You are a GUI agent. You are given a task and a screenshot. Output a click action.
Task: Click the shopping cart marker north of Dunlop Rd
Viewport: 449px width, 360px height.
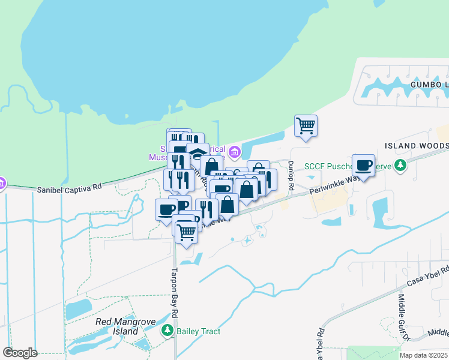point(306,126)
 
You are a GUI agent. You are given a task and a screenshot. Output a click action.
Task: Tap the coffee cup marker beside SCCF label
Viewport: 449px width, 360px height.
point(363,165)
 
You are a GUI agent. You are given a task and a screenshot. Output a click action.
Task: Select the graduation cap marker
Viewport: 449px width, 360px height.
point(197,154)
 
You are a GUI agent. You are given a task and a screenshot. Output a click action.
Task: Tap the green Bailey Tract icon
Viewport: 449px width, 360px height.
point(167,331)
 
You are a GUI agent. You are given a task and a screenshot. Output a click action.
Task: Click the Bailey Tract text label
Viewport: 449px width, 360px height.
point(198,331)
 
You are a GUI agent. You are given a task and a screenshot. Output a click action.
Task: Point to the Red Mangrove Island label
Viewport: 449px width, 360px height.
point(125,326)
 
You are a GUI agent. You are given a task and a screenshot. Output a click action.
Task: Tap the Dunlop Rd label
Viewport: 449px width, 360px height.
point(290,176)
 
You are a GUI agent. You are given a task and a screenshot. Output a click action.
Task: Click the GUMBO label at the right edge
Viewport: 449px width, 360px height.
point(429,85)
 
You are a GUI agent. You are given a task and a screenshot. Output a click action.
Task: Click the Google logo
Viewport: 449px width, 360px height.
point(20,352)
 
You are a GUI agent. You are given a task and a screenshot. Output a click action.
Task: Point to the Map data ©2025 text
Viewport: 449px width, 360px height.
point(423,355)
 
